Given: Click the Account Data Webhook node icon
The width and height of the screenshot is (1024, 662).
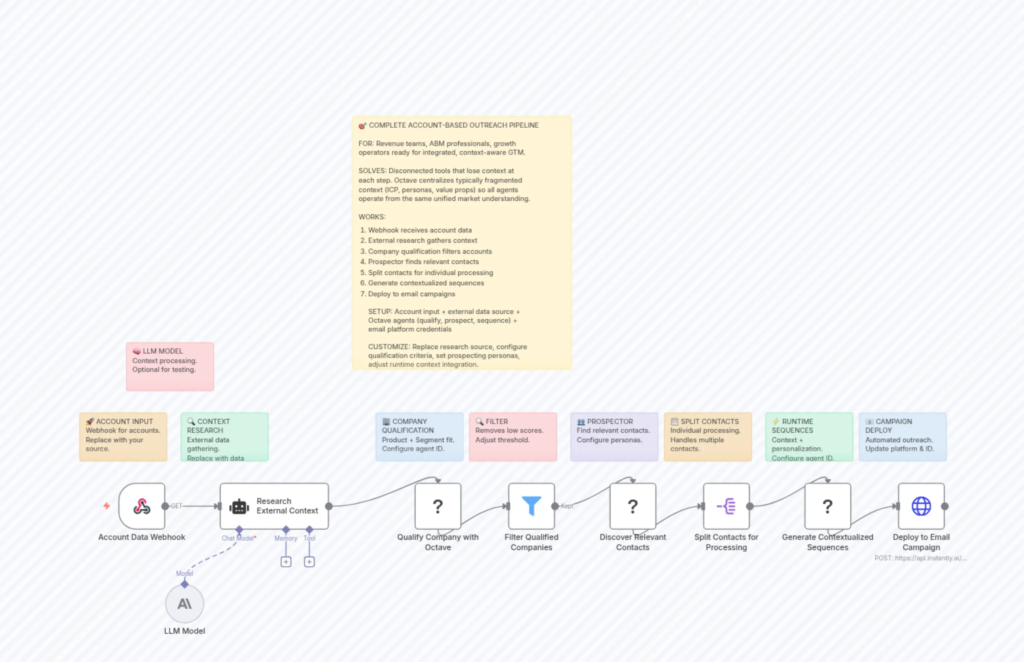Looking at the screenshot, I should [142, 506].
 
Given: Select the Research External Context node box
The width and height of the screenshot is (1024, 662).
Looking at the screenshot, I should [274, 506].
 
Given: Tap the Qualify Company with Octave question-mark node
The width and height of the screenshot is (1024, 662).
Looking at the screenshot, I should [438, 506].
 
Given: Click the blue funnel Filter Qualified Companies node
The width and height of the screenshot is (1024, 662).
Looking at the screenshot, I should [531, 506].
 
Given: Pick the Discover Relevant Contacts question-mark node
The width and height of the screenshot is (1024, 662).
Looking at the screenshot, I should [633, 506].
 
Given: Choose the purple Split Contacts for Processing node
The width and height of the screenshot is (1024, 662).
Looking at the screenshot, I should [726, 506].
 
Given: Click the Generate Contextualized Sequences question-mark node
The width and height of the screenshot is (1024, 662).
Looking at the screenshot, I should [828, 506].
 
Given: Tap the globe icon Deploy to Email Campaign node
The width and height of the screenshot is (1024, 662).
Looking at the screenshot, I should [921, 506].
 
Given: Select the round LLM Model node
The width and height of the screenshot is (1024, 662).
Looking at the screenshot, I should [185, 604].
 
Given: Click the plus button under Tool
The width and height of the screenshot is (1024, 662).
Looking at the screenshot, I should [309, 562].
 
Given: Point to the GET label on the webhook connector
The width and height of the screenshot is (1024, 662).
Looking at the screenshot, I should [177, 506].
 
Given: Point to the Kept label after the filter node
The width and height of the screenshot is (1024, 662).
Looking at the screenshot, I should [567, 506].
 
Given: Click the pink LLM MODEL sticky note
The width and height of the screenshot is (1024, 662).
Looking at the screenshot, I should [170, 366].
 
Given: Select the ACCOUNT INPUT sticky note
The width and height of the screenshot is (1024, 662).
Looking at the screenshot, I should [123, 436].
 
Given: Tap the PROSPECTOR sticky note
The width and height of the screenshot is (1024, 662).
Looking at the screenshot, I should [614, 436].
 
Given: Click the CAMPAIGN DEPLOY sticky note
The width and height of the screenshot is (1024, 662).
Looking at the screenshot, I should [902, 436].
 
